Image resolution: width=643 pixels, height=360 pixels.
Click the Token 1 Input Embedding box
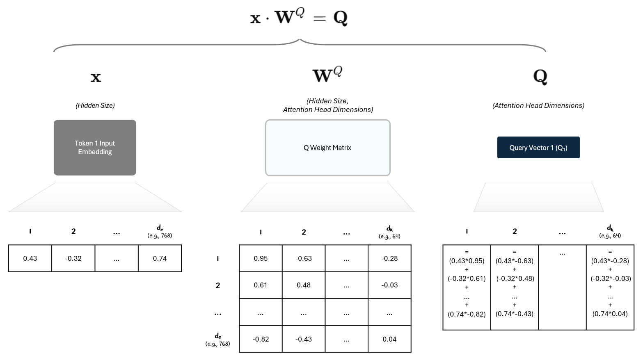(x=95, y=148)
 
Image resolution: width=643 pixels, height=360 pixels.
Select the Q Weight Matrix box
(x=327, y=148)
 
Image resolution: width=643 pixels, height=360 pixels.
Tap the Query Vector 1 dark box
(x=538, y=148)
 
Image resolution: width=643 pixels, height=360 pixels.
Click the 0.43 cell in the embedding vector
(x=30, y=258)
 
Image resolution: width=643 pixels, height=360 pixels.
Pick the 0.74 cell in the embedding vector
(x=160, y=258)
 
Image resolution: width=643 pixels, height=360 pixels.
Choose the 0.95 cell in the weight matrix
(x=261, y=258)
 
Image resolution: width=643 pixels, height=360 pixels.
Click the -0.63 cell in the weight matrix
(x=304, y=258)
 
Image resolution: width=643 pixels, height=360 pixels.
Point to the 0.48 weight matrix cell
(x=304, y=285)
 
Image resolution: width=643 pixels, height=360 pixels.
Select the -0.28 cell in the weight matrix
(x=389, y=258)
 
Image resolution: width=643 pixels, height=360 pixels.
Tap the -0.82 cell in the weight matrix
(x=261, y=339)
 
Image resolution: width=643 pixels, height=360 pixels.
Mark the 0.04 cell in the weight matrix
(x=389, y=339)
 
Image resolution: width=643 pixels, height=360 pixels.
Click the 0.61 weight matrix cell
(x=261, y=285)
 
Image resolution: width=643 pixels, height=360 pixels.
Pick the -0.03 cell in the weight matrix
(x=389, y=285)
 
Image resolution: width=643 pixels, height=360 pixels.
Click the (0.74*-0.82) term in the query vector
(x=467, y=314)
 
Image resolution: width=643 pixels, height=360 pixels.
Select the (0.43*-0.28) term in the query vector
(x=610, y=261)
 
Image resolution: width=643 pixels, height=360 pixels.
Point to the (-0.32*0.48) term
(x=515, y=278)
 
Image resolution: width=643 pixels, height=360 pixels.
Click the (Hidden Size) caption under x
(x=95, y=105)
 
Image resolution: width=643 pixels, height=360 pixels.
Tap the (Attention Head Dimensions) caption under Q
(x=538, y=105)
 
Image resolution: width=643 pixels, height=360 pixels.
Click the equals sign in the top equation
(x=319, y=18)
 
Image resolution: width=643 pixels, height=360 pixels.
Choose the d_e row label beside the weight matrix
(x=218, y=337)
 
